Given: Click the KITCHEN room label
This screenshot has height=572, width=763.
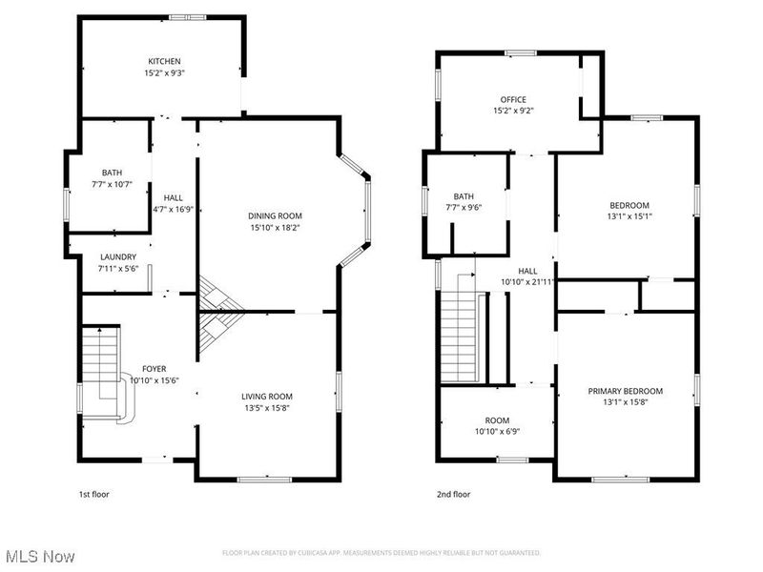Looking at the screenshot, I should tap(164, 62).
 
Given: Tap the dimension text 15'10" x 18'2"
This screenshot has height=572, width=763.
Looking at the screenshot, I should tap(275, 228).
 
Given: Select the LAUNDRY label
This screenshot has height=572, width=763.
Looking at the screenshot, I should tap(117, 257).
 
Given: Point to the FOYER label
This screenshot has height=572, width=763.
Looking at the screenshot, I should tap(155, 369).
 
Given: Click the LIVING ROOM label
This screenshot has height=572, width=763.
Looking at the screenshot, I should tap(266, 396).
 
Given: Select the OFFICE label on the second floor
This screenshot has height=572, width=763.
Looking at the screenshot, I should tap(513, 99).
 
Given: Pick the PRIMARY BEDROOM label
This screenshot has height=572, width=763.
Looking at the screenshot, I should tap(625, 391).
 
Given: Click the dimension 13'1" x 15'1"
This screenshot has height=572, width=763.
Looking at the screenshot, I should tap(629, 216).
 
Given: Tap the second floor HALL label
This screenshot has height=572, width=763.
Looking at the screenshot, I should tap(527, 270).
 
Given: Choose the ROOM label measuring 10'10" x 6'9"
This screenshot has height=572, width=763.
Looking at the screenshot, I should tap(497, 419).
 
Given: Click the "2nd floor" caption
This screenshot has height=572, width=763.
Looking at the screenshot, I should tap(454, 495).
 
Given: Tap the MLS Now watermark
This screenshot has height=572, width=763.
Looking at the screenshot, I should tap(39, 555).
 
